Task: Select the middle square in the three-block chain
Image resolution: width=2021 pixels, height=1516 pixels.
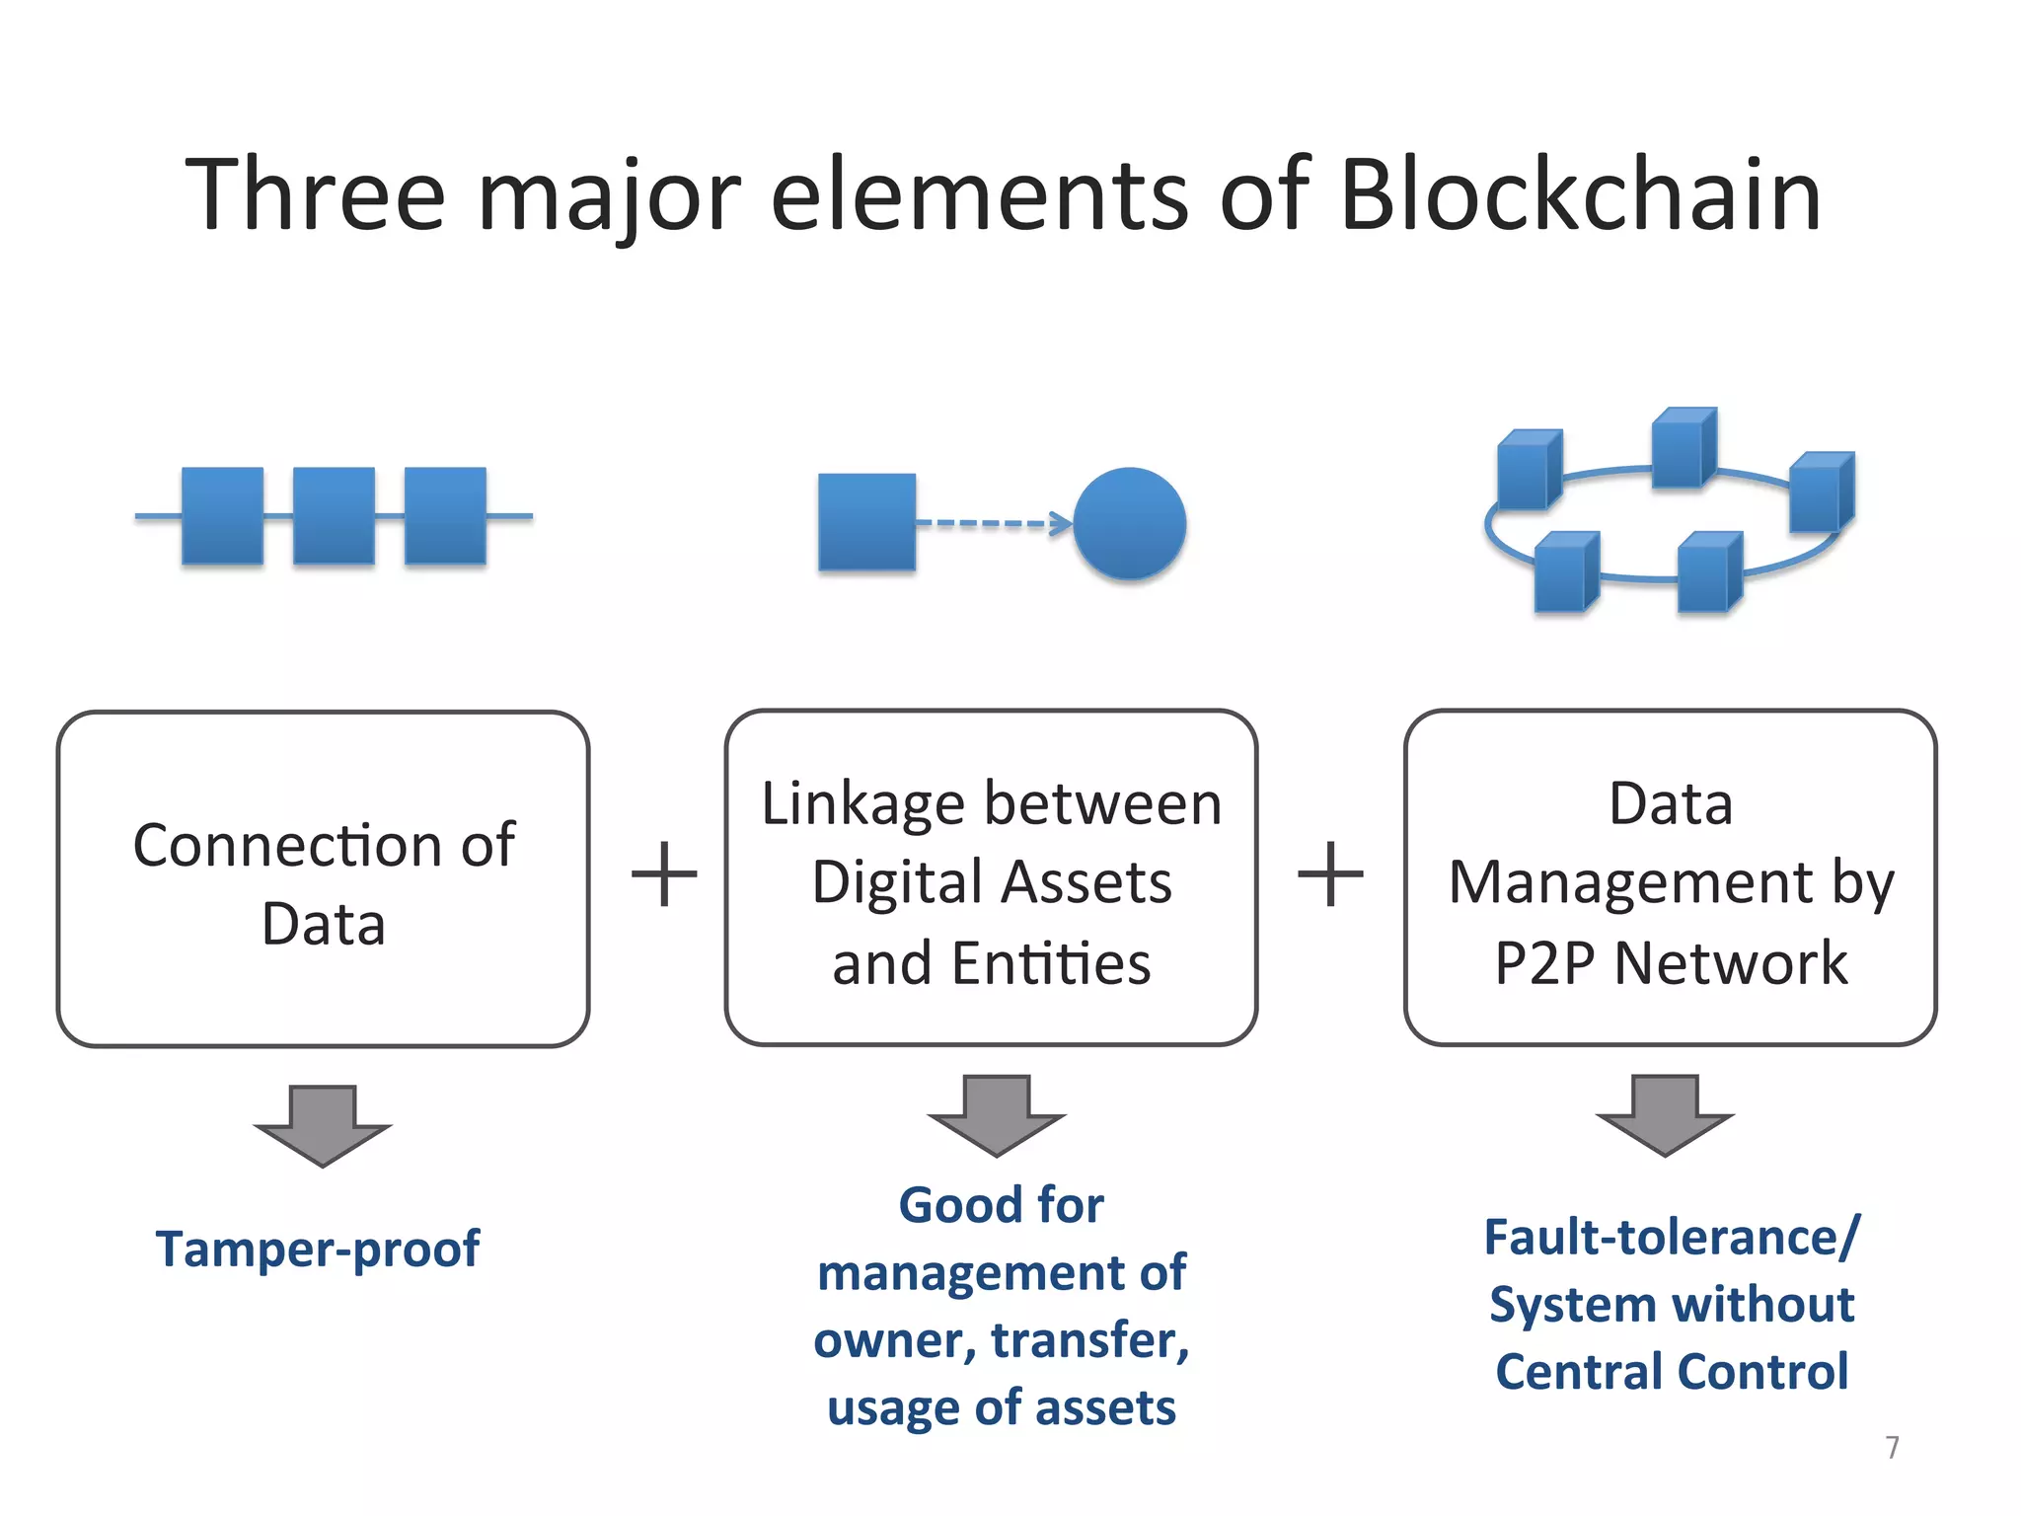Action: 334,515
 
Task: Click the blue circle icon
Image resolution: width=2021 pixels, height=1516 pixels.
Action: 1129,523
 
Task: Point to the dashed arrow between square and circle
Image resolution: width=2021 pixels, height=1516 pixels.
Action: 992,523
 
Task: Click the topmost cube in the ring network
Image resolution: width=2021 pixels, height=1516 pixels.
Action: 1684,447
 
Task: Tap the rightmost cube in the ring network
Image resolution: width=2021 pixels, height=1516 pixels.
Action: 1821,492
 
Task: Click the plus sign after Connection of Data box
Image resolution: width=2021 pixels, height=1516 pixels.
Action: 664,874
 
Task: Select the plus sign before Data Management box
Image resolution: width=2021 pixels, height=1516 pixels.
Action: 1330,874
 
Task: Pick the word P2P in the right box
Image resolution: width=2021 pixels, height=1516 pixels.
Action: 1544,963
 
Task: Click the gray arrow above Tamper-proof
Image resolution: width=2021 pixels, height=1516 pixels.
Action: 323,1125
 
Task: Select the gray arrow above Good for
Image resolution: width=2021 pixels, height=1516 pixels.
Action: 996,1115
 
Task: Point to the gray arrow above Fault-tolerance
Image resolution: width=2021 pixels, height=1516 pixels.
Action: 1665,1115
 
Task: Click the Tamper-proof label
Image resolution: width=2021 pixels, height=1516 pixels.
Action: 318,1249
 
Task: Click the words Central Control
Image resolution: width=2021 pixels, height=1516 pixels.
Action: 1672,1372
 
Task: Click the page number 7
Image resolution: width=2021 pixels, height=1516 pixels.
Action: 1892,1447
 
